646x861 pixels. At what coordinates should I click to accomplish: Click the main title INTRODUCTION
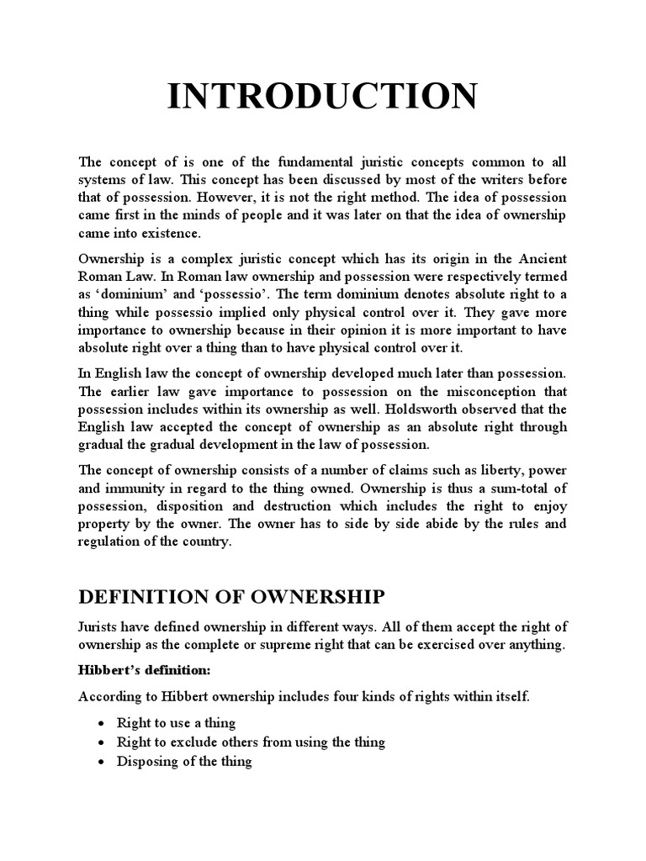[x=322, y=97]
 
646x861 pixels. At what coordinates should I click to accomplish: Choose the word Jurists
[x=99, y=626]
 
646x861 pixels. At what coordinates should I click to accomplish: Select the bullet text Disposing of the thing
[x=186, y=761]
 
